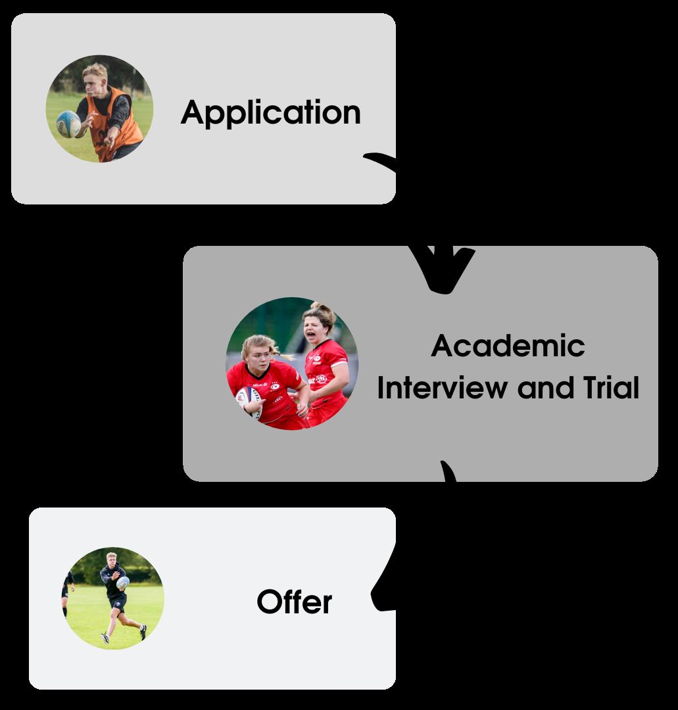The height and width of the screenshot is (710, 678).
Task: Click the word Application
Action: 270,113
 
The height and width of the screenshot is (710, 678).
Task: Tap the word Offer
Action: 294,602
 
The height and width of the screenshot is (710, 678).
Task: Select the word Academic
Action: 508,346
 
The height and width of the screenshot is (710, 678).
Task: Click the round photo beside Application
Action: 99,108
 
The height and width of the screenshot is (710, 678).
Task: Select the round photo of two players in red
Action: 292,364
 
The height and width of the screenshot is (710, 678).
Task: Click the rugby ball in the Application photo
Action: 68,123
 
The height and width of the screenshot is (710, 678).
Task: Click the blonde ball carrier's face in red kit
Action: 257,355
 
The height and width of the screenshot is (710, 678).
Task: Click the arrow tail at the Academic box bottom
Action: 448,472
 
